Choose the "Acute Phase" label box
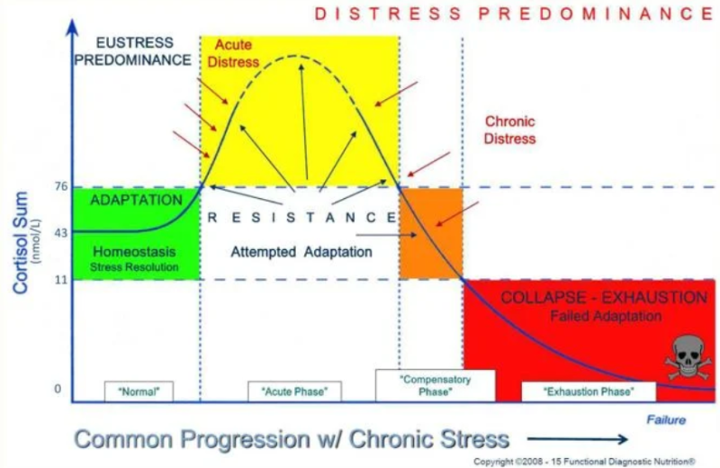click(294, 391)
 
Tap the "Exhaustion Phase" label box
click(589, 391)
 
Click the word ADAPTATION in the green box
click(136, 199)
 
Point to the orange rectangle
click(430, 232)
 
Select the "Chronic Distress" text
click(509, 130)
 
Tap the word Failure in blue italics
click(666, 420)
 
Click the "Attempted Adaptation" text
click(301, 252)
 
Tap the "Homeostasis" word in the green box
click(135, 252)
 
